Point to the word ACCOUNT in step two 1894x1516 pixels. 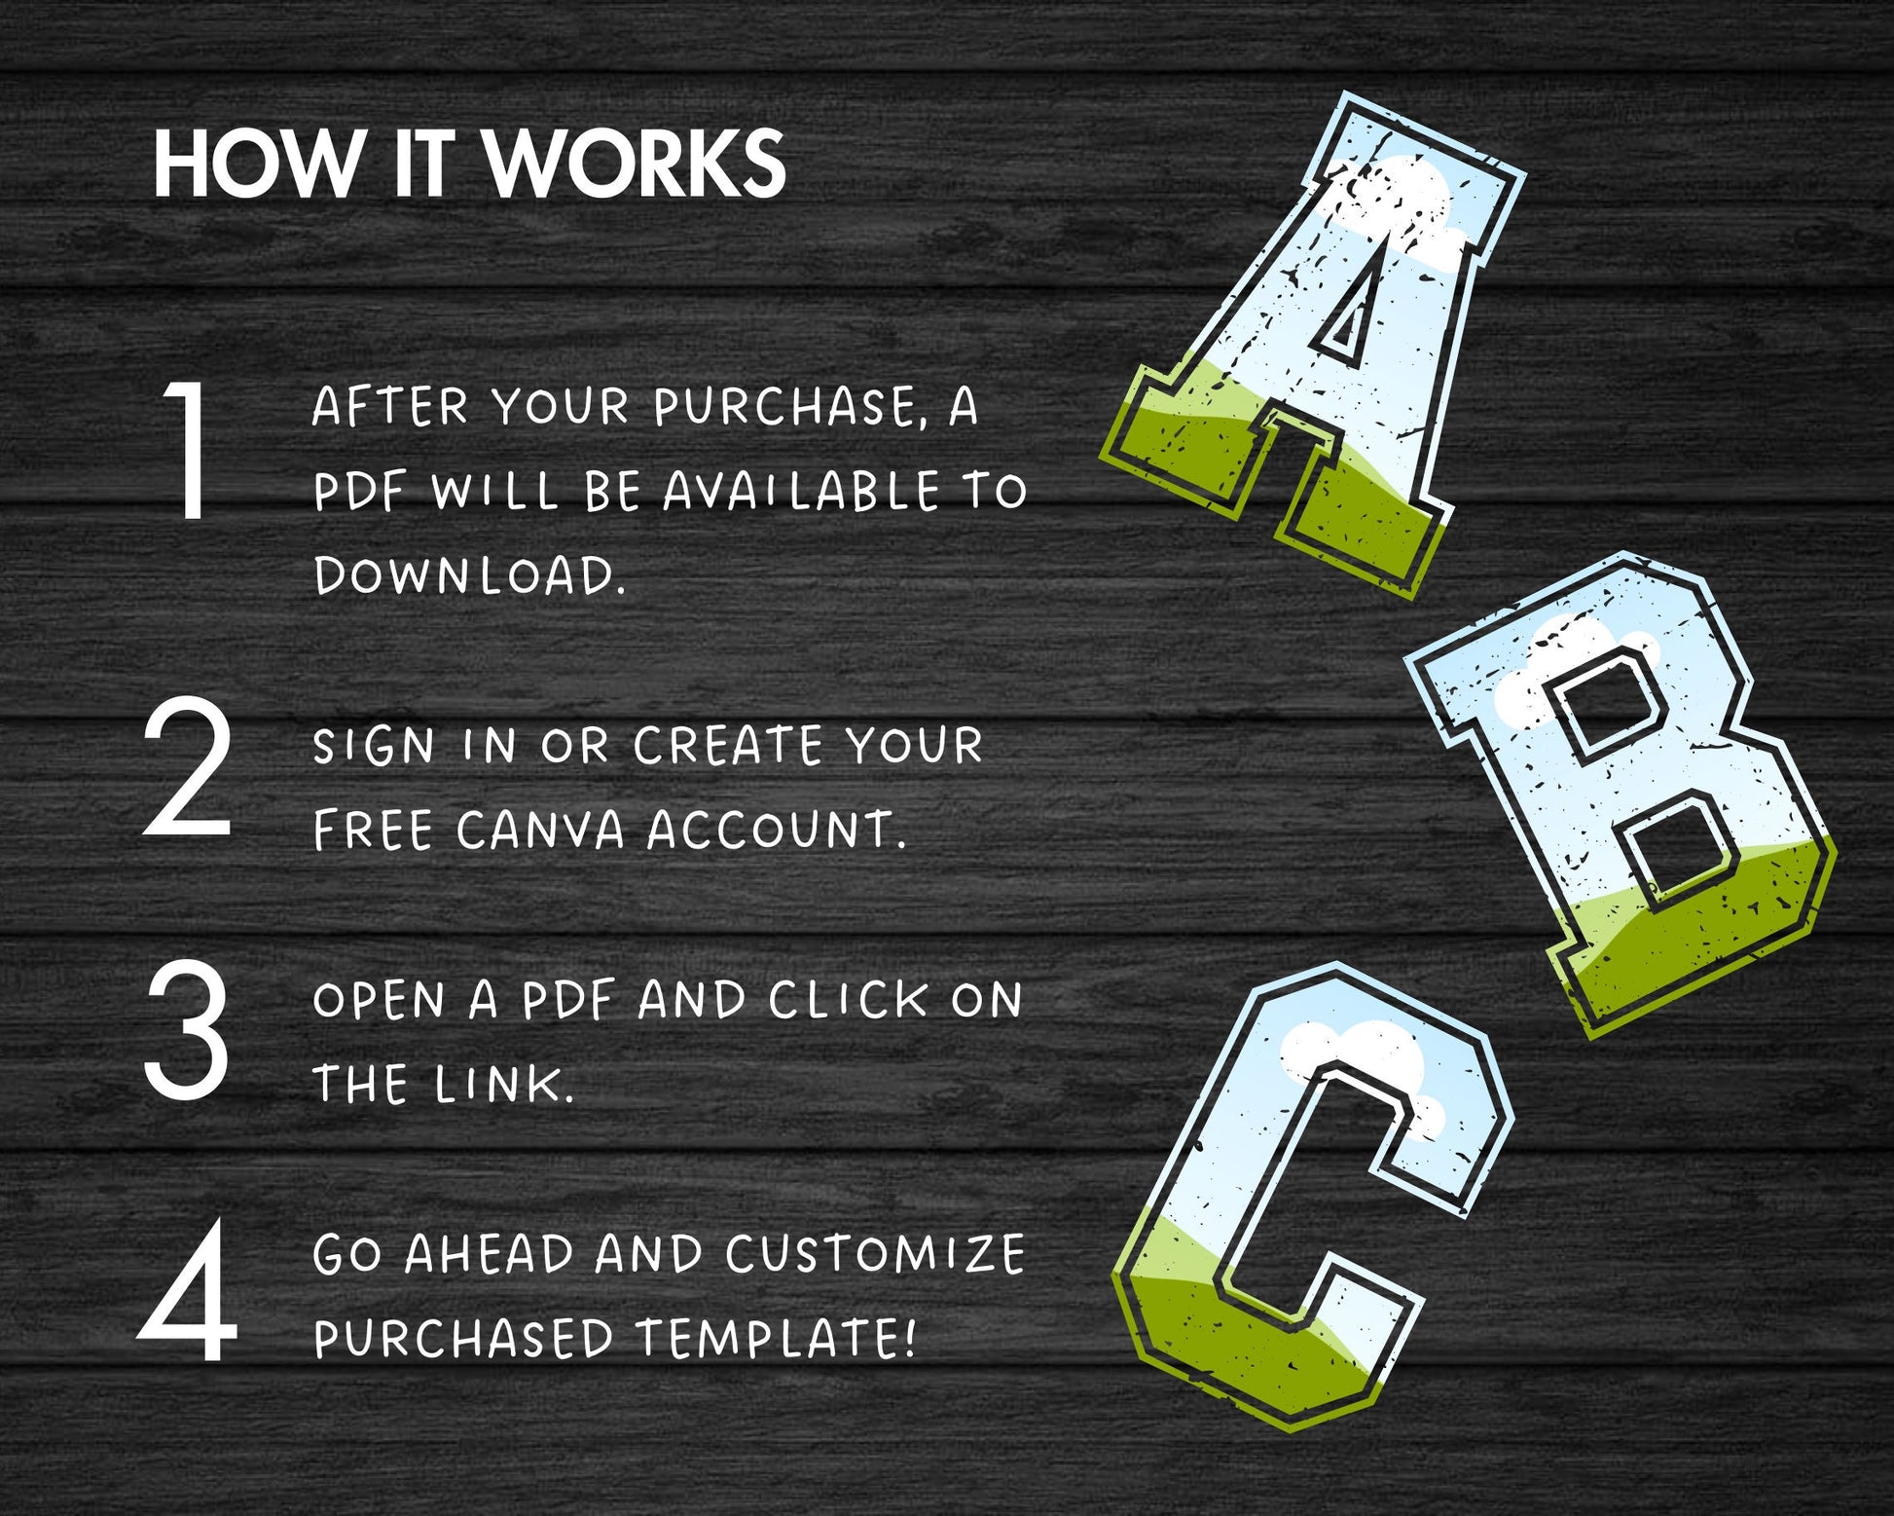(777, 831)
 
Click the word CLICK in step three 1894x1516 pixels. (848, 1001)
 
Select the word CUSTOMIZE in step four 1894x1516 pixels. (874, 1254)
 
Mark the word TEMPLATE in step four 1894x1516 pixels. (776, 1338)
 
